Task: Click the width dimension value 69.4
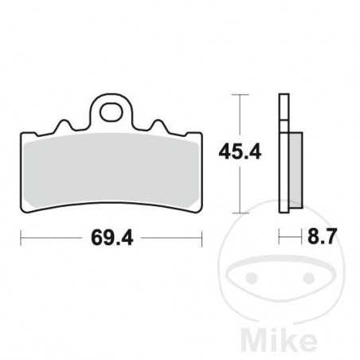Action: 111,237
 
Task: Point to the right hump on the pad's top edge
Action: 158,125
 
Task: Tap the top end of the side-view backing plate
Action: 282,98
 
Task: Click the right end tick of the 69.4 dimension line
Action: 202,237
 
